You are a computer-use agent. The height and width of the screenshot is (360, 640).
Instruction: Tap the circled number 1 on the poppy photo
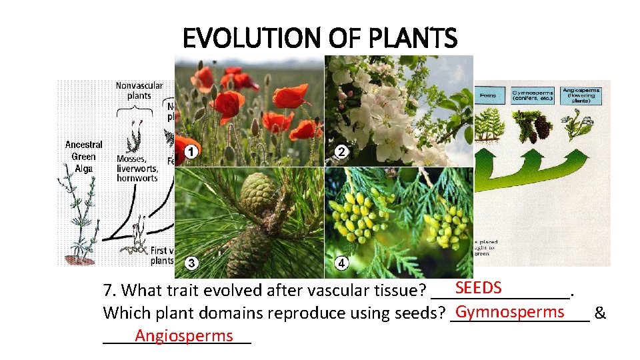[191, 152]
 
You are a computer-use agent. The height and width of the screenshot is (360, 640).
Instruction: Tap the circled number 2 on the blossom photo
[341, 152]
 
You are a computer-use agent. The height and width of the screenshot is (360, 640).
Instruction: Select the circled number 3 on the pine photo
[191, 263]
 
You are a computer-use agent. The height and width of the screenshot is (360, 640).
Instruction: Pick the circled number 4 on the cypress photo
[341, 263]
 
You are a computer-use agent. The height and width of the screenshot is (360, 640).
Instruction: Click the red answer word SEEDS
[478, 287]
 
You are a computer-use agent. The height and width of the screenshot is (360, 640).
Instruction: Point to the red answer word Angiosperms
[183, 336]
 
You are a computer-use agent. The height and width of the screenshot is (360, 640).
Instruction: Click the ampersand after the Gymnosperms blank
[600, 313]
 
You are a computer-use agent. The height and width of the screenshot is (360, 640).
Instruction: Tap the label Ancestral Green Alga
[84, 157]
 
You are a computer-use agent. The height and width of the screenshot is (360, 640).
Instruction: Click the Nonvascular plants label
[139, 90]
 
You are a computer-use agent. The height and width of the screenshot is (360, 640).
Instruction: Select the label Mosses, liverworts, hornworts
[137, 168]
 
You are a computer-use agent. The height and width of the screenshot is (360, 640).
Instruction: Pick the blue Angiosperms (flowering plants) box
[581, 93]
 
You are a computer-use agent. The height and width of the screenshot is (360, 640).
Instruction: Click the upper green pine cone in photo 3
[258, 193]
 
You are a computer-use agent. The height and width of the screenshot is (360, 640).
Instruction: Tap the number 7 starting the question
[108, 291]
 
